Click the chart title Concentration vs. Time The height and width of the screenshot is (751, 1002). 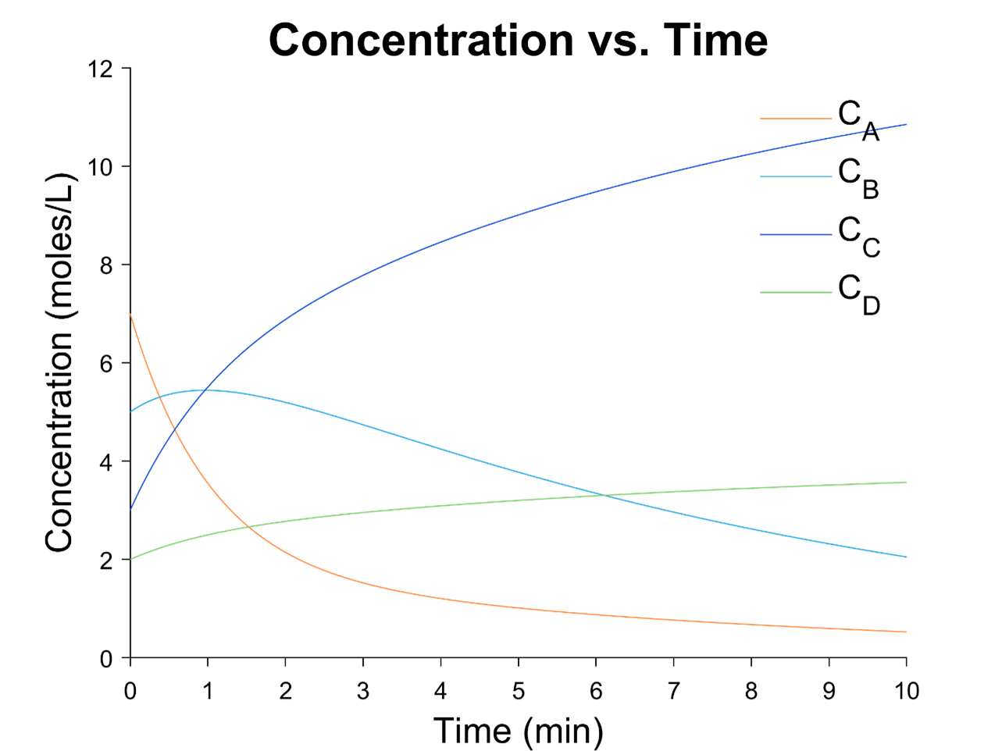[x=518, y=40]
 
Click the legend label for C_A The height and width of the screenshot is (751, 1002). [x=858, y=119]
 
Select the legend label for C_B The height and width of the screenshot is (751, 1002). [x=858, y=177]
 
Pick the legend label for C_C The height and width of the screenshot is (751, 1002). [x=858, y=235]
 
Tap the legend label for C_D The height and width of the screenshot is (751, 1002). [x=858, y=293]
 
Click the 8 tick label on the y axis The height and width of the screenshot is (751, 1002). [x=106, y=265]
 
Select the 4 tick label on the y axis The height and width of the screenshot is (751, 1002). [x=106, y=462]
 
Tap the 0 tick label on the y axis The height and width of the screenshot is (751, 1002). [x=106, y=659]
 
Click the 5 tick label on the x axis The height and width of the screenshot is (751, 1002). [x=519, y=691]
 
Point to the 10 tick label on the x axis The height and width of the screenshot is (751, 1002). [x=906, y=691]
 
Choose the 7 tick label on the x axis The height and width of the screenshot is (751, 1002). [x=673, y=691]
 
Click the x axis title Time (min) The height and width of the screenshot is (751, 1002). [x=519, y=731]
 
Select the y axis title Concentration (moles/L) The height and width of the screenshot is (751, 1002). [x=59, y=364]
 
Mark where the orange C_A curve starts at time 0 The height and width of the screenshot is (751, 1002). [x=130, y=315]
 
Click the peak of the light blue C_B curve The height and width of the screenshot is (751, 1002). [x=207, y=390]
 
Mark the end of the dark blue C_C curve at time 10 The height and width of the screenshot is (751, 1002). [x=906, y=125]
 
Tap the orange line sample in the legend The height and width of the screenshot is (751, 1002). [x=795, y=119]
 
